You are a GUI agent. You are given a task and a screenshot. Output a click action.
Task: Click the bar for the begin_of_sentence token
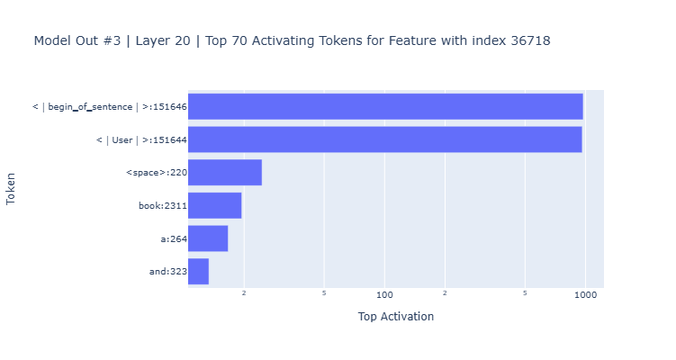tap(385, 106)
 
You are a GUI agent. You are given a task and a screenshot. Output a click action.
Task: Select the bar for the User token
tap(384, 139)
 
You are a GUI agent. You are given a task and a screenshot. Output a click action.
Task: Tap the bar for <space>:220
tap(224, 173)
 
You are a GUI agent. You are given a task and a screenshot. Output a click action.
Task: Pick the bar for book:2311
tap(214, 205)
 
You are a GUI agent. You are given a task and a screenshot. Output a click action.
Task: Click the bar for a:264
tap(208, 238)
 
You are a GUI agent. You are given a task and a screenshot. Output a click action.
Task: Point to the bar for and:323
tap(198, 271)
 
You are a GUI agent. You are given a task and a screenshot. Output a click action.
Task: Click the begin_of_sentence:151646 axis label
tap(109, 107)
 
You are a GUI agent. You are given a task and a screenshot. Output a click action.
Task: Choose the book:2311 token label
tap(162, 205)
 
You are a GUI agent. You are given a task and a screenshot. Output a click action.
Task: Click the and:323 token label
tap(167, 271)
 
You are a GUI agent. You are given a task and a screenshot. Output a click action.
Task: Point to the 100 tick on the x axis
tap(384, 294)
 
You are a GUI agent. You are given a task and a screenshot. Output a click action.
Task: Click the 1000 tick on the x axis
tap(585, 294)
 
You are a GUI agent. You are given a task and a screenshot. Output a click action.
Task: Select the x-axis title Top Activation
tap(395, 317)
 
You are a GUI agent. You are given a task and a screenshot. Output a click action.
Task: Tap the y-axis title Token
tap(12, 189)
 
